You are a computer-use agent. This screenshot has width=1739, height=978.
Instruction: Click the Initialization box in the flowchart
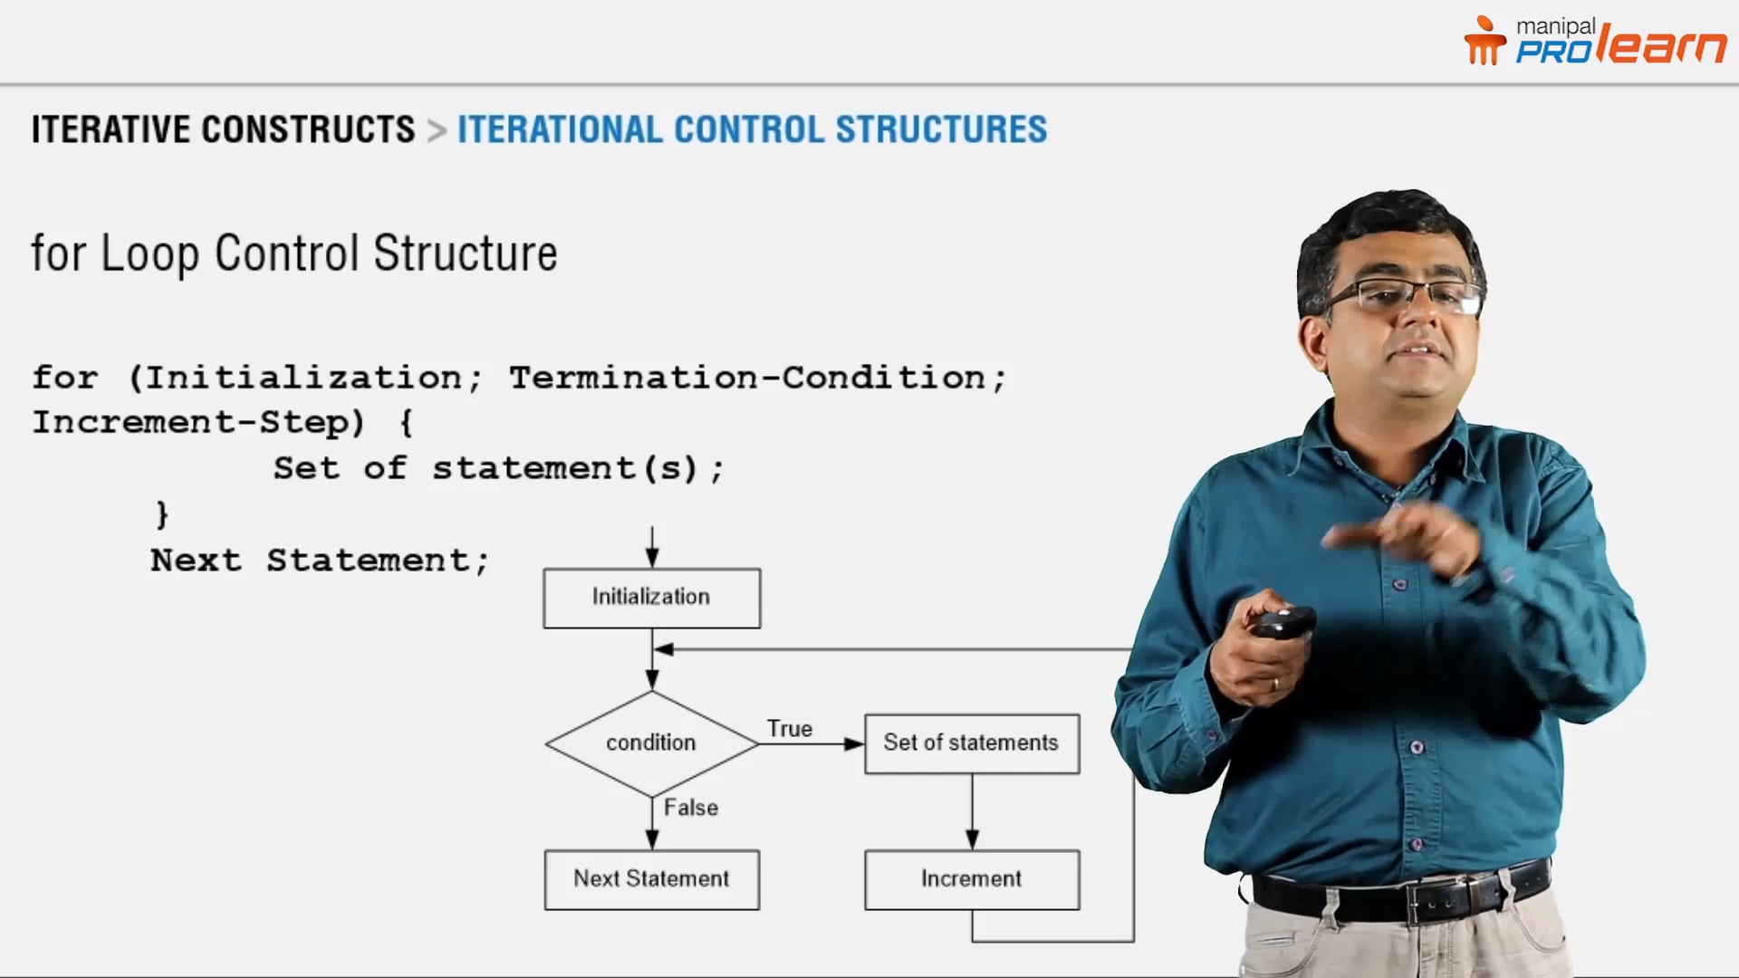tap(651, 598)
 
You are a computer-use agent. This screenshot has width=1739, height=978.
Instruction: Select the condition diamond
tap(651, 743)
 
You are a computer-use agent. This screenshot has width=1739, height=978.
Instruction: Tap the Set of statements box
tap(971, 743)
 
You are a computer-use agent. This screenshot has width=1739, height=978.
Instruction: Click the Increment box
tap(971, 879)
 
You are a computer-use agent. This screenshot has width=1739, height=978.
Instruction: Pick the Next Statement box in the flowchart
tap(651, 879)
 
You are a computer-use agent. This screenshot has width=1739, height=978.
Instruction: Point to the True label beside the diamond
tap(789, 729)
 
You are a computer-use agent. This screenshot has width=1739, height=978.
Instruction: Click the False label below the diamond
tap(690, 808)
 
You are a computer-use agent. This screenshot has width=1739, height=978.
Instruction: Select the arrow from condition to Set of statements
tap(811, 744)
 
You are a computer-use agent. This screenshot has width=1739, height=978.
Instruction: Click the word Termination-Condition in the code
tap(746, 378)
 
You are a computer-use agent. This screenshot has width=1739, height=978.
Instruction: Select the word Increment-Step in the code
tap(198, 423)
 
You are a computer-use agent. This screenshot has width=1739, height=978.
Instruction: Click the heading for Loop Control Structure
tap(294, 254)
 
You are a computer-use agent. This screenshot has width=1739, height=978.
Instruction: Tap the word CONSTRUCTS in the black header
tap(308, 129)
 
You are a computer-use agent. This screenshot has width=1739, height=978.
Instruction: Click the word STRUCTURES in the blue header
tap(941, 129)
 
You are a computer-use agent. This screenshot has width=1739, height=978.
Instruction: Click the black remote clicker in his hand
tap(1282, 622)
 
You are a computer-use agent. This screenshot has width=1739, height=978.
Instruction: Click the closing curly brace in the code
tap(162, 514)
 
